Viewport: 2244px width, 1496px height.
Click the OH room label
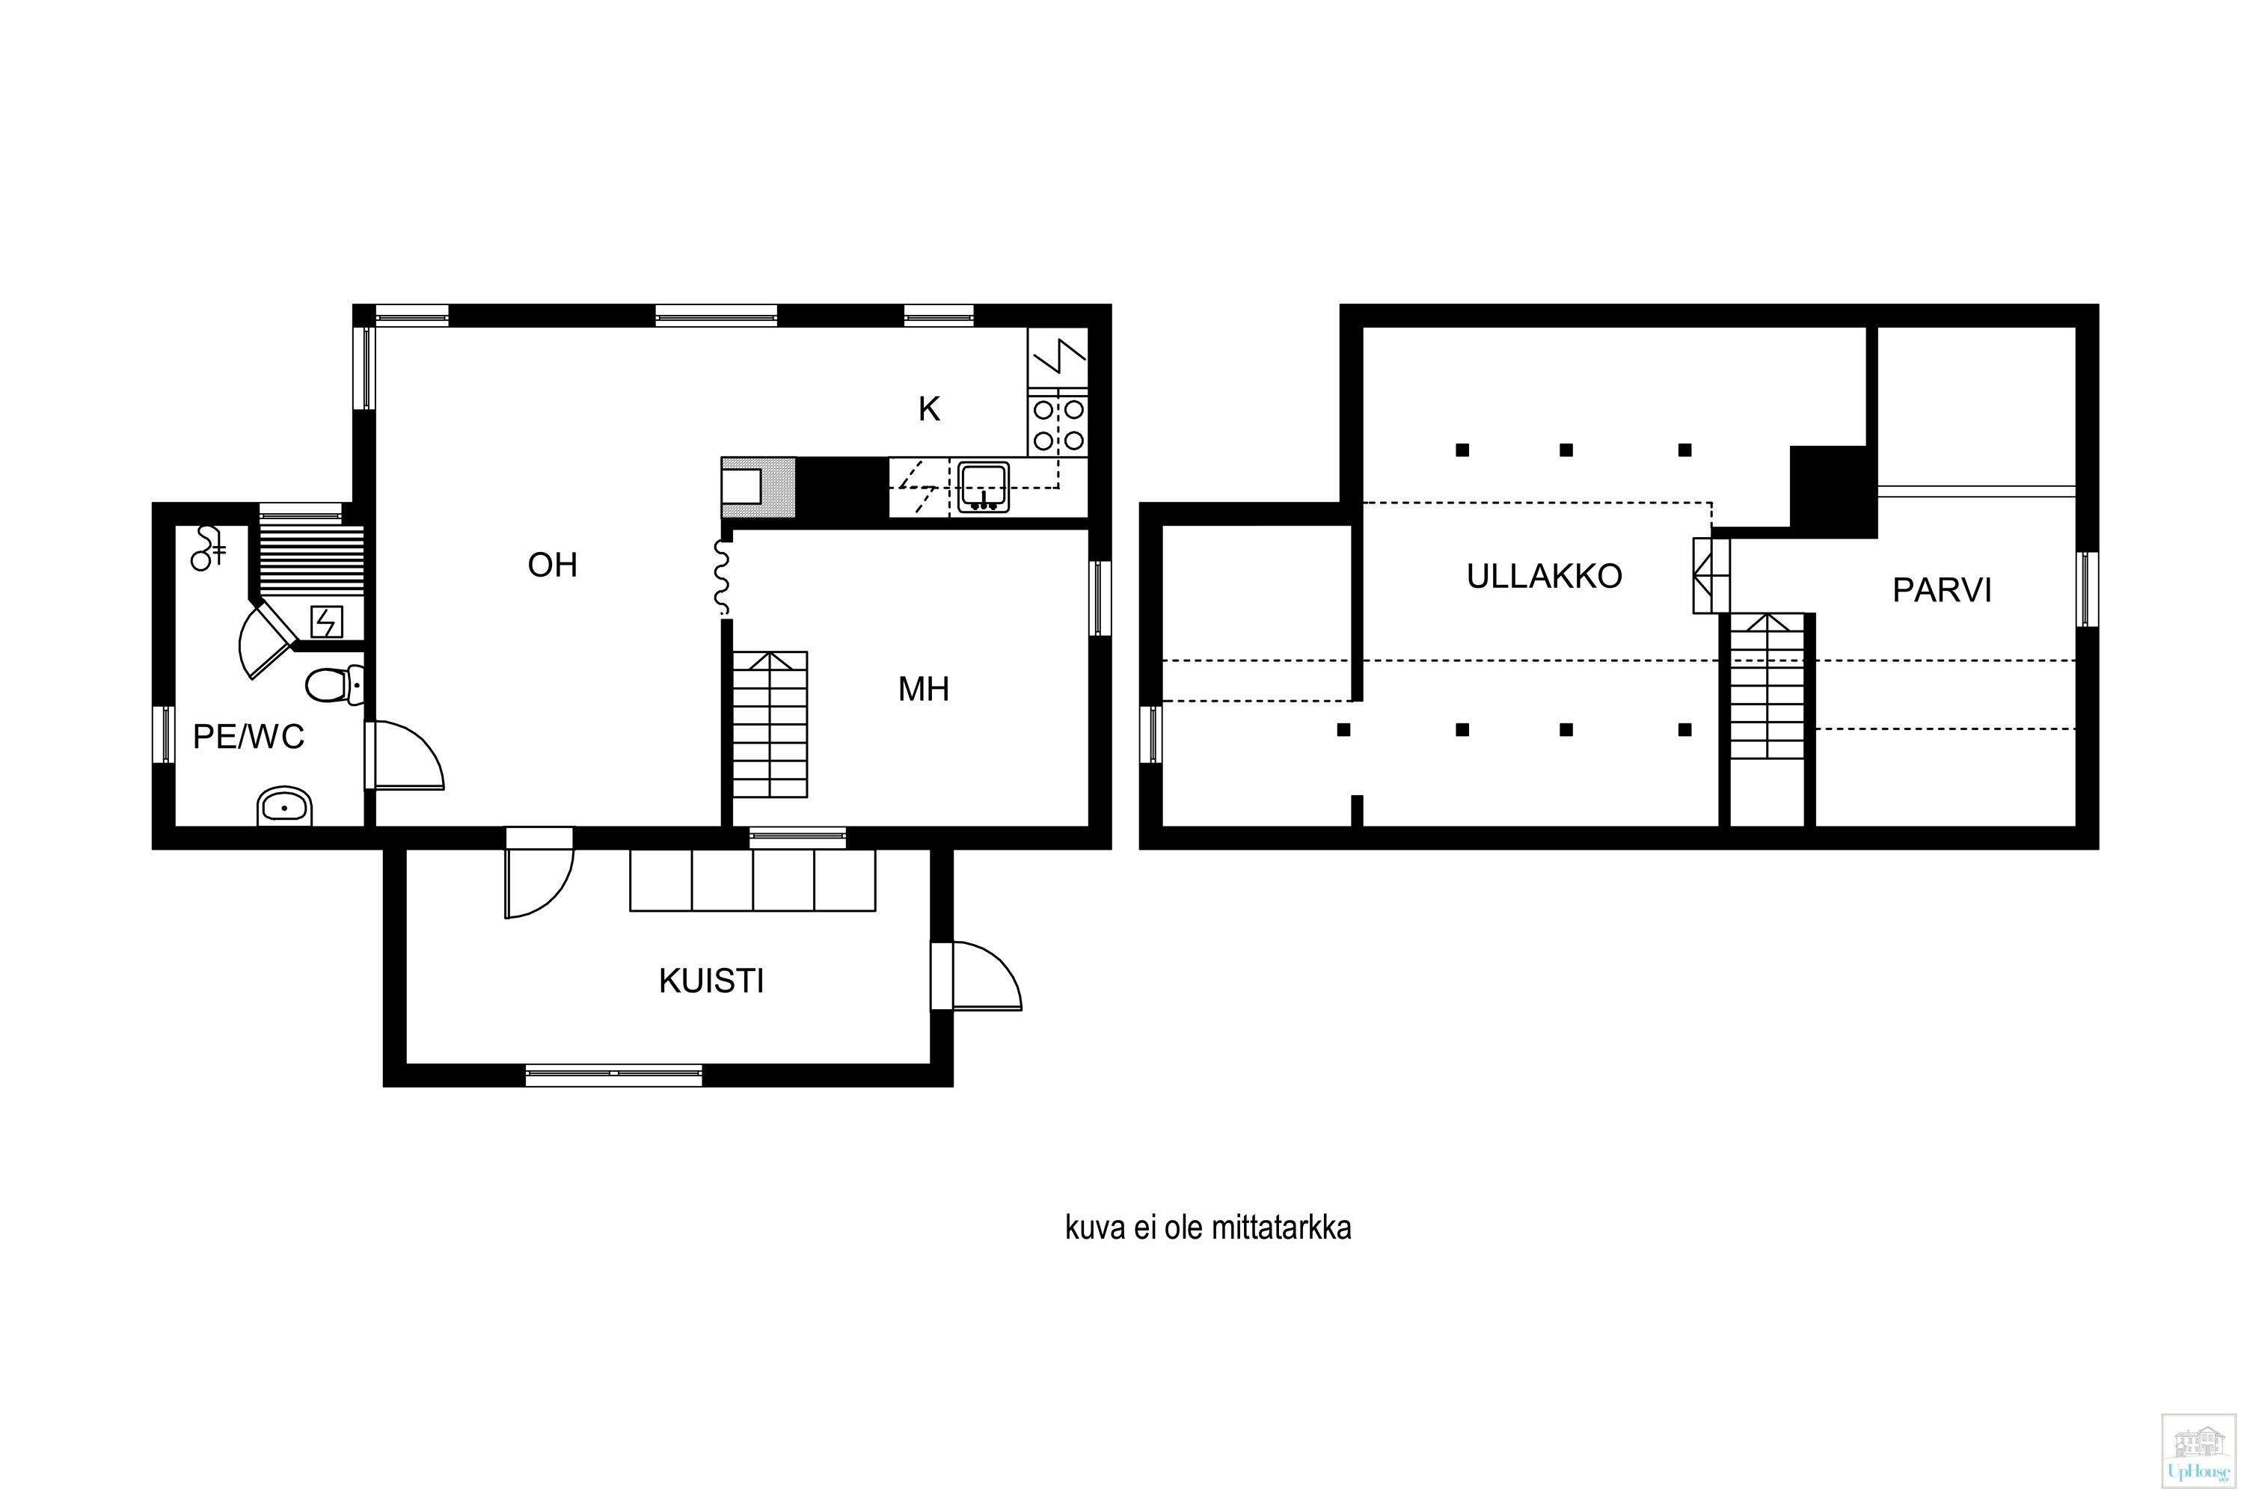click(x=553, y=565)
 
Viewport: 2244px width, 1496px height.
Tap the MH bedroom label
click(x=924, y=689)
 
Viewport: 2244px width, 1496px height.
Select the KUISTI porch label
click(x=712, y=981)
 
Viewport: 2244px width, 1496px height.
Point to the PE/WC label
click(x=248, y=737)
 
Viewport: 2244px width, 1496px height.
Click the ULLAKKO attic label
click(x=1545, y=576)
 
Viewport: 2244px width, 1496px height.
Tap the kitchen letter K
click(x=929, y=409)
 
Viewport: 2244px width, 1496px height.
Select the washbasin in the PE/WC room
click(x=285, y=807)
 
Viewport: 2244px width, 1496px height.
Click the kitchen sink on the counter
click(x=984, y=488)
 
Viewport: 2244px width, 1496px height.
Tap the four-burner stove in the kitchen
click(x=1058, y=425)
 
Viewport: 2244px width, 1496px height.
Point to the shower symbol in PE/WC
click(x=208, y=548)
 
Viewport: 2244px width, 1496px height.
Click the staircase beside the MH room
click(x=770, y=724)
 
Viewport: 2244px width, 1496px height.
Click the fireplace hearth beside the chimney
click(x=758, y=488)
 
